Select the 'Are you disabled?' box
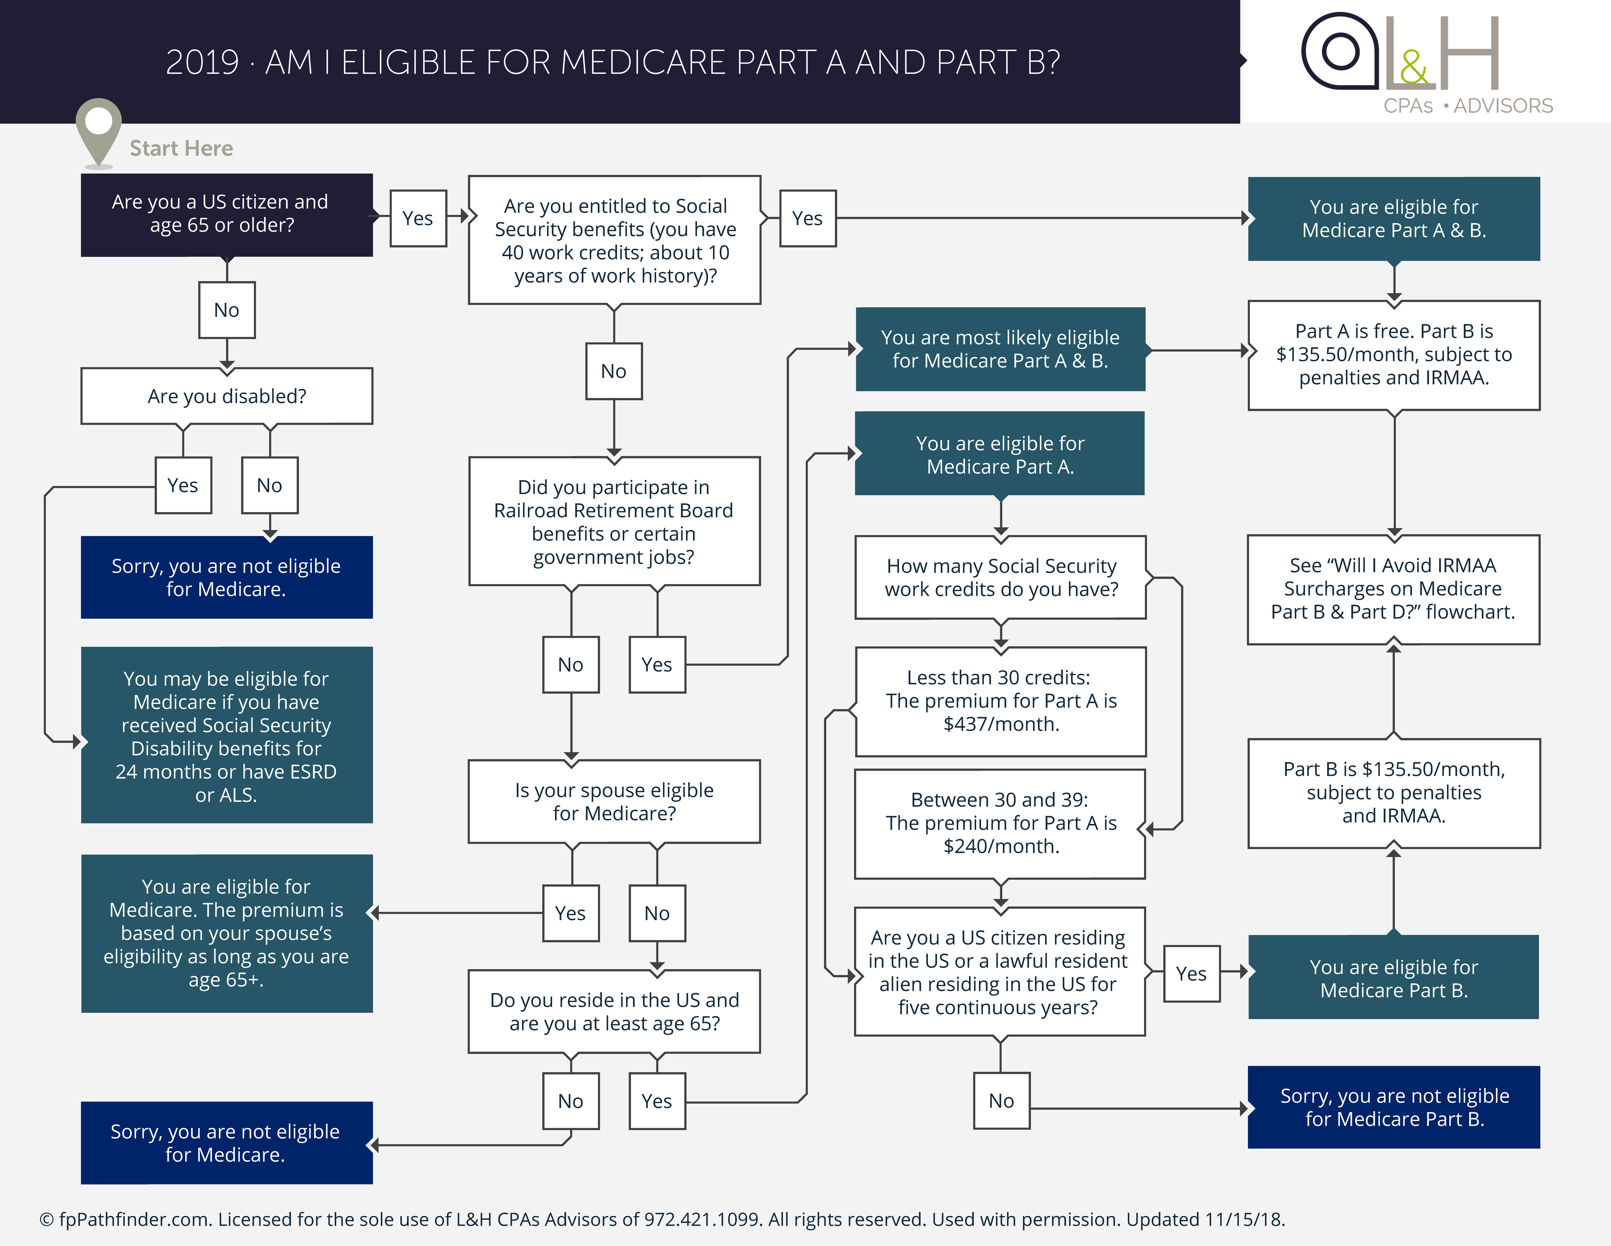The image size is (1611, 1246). (x=226, y=396)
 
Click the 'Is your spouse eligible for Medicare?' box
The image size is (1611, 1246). (x=614, y=802)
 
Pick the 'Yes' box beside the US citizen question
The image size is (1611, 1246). (x=418, y=218)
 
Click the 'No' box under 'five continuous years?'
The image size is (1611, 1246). (x=1001, y=1101)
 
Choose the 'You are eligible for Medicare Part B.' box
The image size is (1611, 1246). (x=1394, y=978)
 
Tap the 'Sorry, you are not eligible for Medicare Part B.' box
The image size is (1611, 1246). (x=1394, y=1107)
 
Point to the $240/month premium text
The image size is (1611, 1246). (x=1001, y=846)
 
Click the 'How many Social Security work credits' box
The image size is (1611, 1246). (x=1001, y=578)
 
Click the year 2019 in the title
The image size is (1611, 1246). (x=202, y=63)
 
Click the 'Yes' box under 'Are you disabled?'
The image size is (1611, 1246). (x=183, y=486)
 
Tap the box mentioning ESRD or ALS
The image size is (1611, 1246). (x=226, y=736)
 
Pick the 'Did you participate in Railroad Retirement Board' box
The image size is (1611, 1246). (x=614, y=521)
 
